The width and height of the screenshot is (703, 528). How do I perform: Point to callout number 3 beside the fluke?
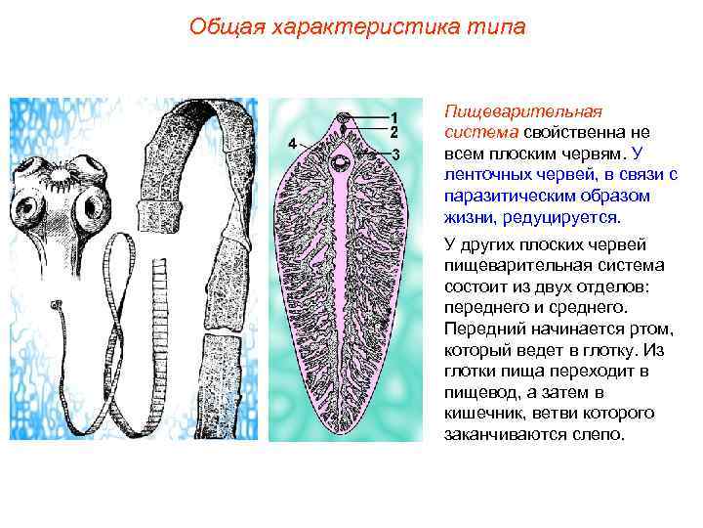[396, 154]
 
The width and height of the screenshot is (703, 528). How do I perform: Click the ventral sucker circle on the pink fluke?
[343, 162]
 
